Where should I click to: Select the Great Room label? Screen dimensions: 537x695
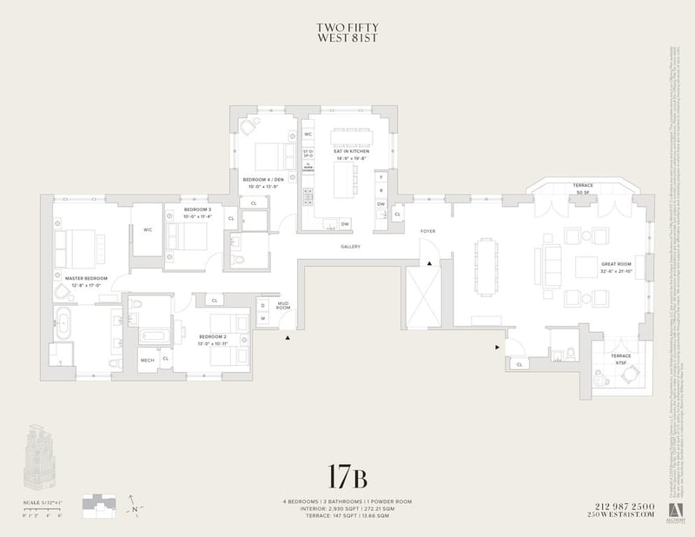617,267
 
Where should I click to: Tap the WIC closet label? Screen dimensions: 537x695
148,230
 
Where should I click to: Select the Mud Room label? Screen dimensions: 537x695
283,305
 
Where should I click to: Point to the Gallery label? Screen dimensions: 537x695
350,247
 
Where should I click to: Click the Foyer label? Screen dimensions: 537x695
427,231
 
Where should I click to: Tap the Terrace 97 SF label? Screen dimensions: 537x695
620,359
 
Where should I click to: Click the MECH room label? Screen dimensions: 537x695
147,359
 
